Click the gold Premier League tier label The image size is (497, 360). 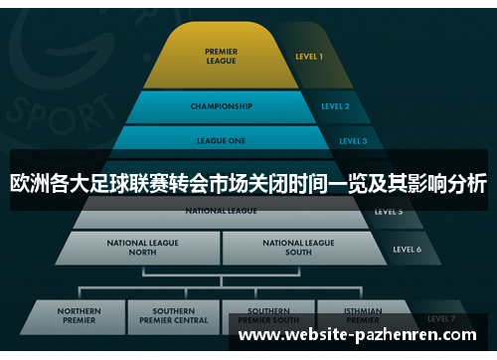[x=221, y=56]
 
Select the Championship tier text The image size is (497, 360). [x=221, y=105]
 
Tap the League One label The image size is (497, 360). [x=222, y=141]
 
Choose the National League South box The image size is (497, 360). [x=298, y=247]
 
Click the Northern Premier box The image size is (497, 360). [x=81, y=316]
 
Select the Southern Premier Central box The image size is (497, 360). [x=173, y=316]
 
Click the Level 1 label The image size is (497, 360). [x=309, y=57]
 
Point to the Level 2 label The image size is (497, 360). [x=335, y=105]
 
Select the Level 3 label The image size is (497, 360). [x=353, y=141]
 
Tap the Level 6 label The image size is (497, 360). [x=407, y=249]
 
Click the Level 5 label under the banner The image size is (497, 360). [x=388, y=212]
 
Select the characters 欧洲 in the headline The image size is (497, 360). [x=33, y=183]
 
